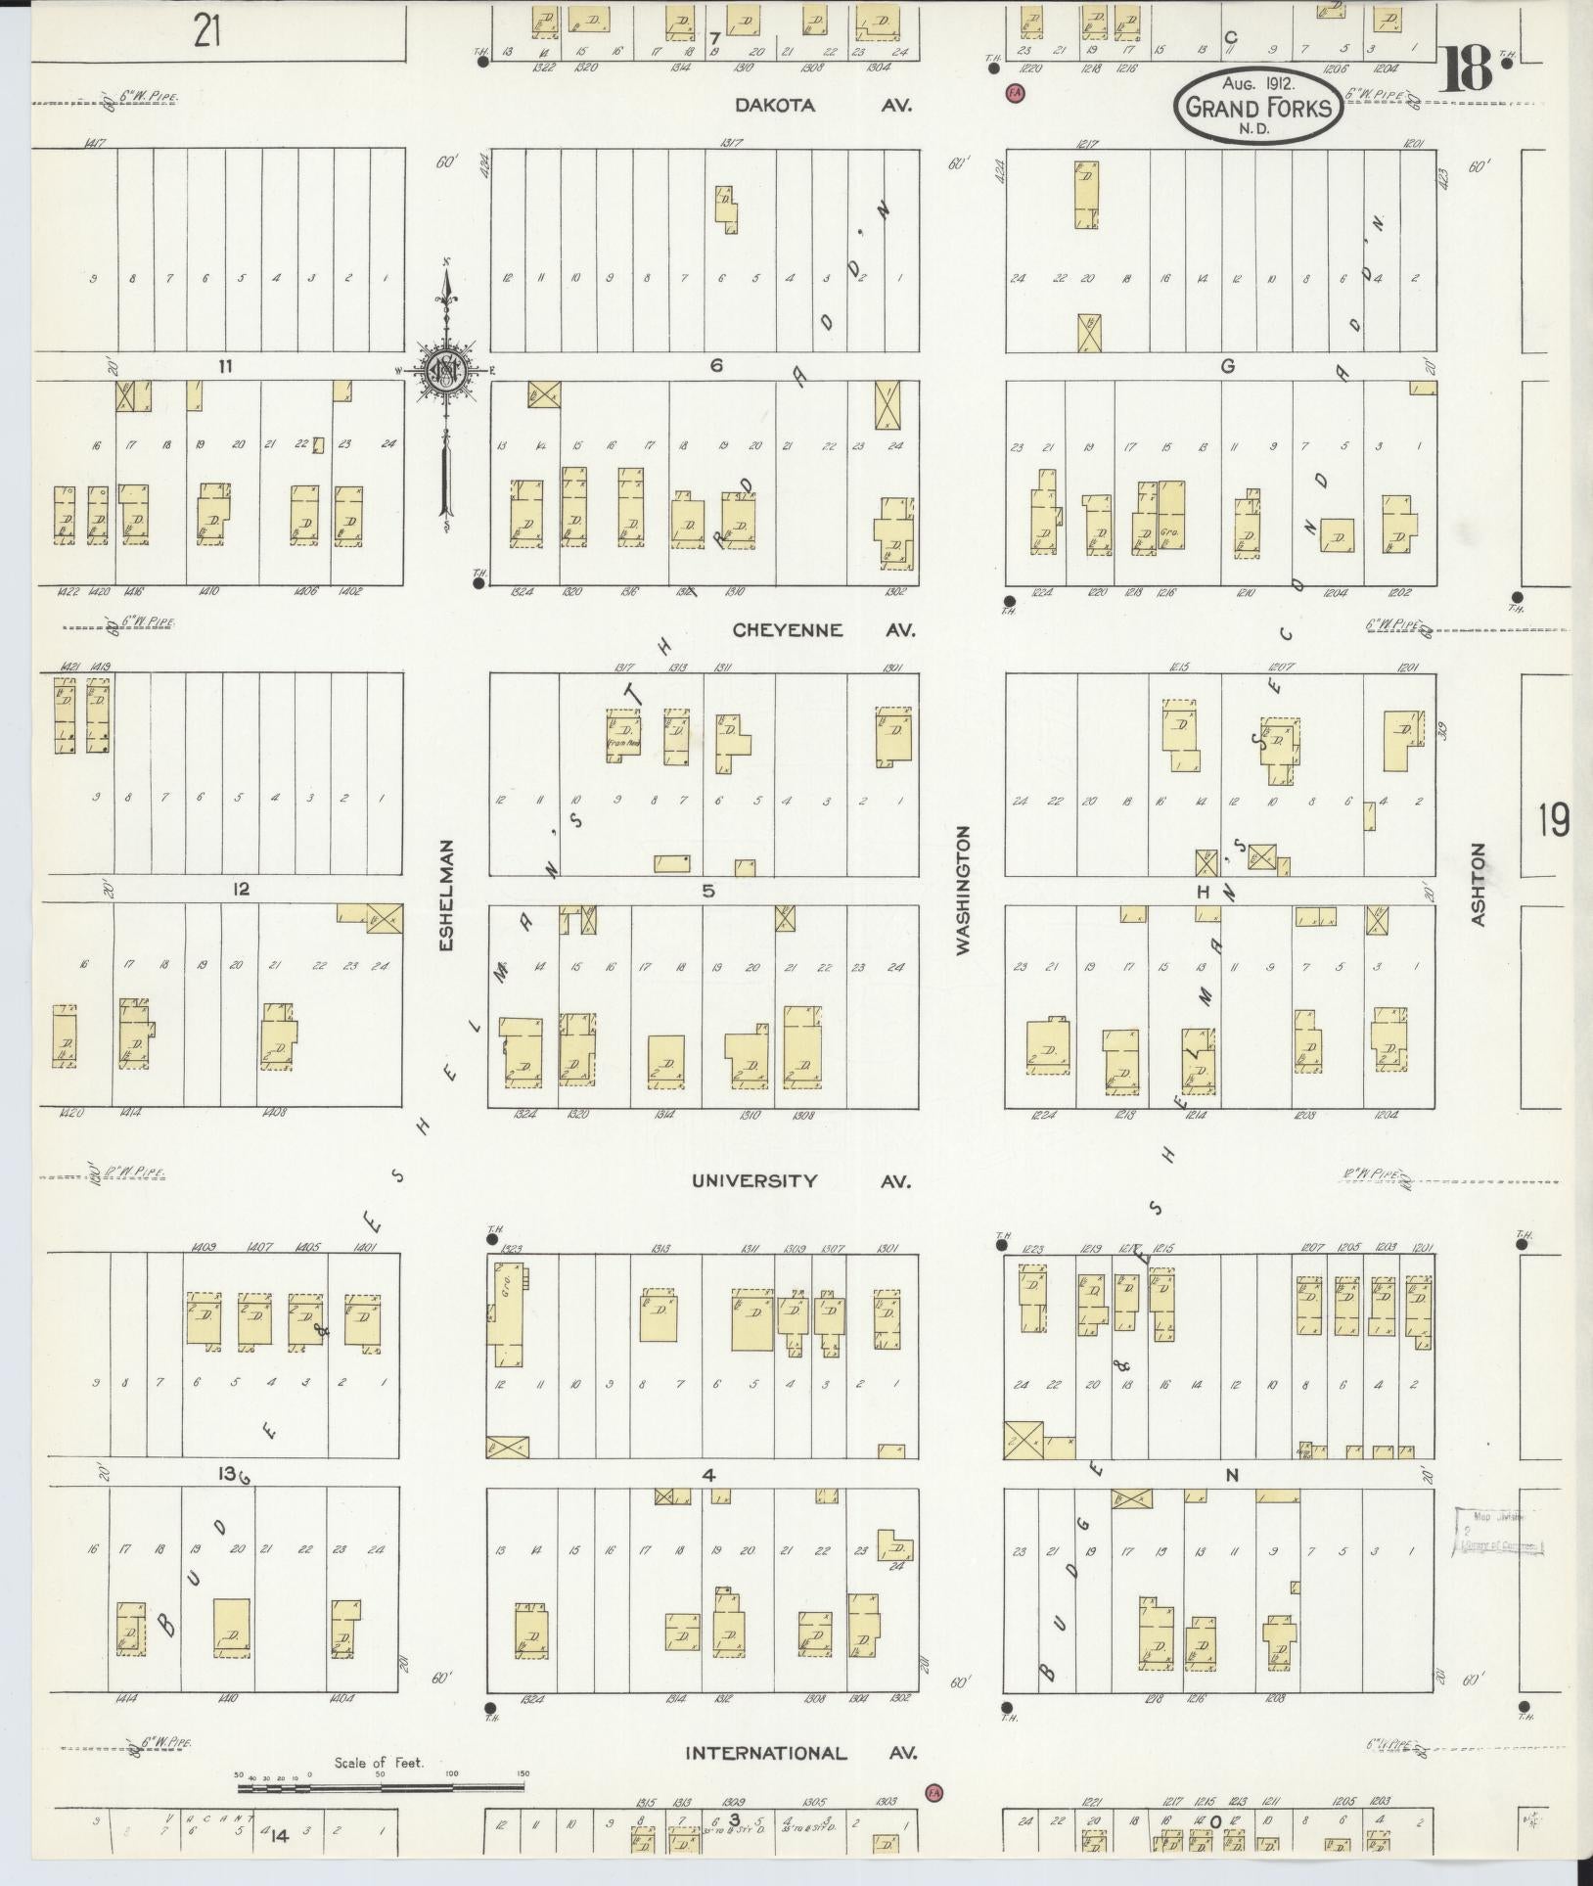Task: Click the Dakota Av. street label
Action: (824, 106)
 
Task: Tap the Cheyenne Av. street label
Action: (824, 630)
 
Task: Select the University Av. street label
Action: (800, 1180)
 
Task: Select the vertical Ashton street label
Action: (1478, 885)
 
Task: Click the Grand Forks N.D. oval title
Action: (1258, 107)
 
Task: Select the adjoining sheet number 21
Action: (206, 32)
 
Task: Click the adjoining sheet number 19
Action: (1553, 819)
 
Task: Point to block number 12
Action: (241, 889)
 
